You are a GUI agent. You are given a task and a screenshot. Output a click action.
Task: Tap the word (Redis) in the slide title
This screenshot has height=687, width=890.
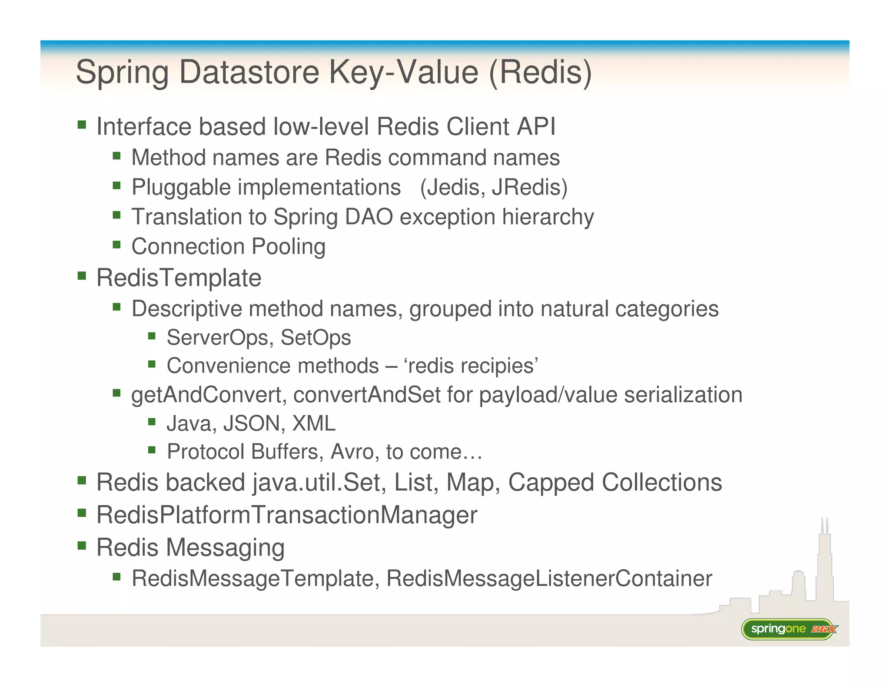(x=540, y=72)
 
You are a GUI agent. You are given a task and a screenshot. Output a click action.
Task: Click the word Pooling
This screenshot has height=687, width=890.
(x=289, y=247)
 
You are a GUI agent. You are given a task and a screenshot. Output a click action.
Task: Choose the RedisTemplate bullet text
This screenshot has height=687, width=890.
(x=179, y=278)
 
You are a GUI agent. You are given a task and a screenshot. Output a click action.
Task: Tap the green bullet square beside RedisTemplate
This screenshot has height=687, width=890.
(x=82, y=276)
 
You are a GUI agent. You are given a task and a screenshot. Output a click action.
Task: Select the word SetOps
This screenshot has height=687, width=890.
(x=315, y=338)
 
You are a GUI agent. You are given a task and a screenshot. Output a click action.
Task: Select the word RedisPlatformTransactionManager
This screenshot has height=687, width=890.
(x=287, y=515)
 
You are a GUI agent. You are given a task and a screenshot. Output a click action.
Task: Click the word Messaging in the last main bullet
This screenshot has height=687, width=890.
(x=226, y=547)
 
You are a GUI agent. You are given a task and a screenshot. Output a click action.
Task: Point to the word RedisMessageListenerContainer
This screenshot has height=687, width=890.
(x=549, y=578)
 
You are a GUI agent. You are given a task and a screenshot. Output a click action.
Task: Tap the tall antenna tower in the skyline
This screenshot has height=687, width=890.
(x=824, y=560)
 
